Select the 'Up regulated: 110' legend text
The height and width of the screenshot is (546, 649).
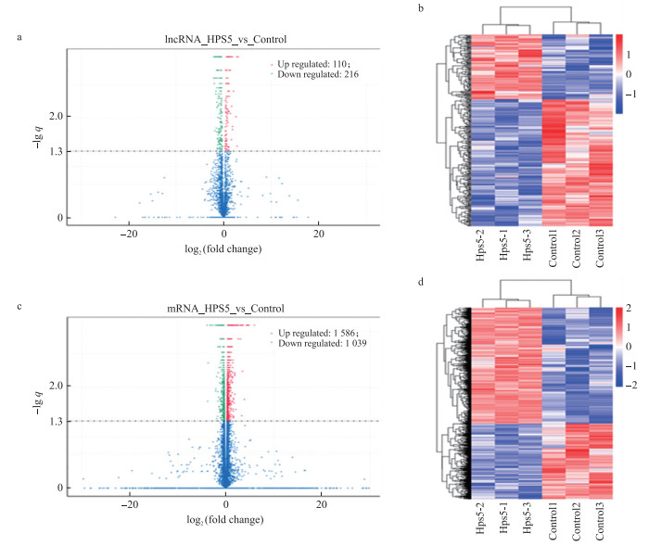(307, 62)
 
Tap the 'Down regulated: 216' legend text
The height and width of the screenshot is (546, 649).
(311, 73)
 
